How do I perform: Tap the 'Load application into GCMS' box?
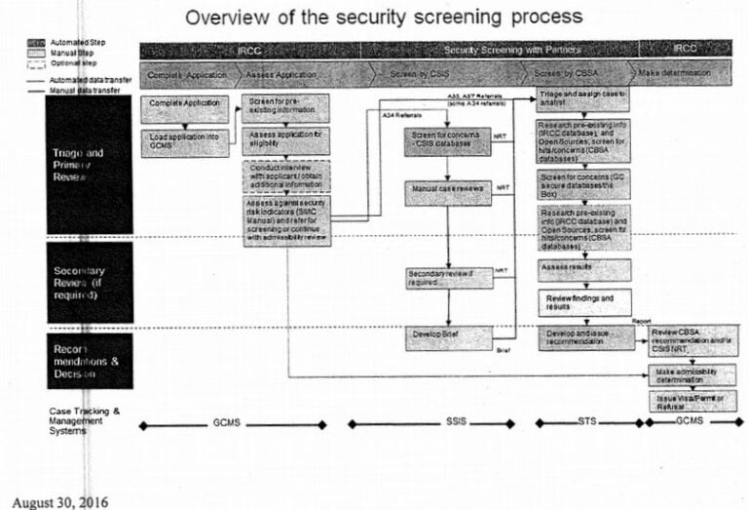pyautogui.click(x=185, y=142)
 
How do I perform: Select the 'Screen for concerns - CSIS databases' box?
pyautogui.click(x=447, y=139)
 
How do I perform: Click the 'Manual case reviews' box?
pyautogui.click(x=447, y=192)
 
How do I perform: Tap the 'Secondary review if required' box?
pyautogui.click(x=447, y=278)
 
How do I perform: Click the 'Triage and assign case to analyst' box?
pyautogui.click(x=582, y=99)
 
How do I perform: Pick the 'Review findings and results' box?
pyautogui.click(x=582, y=301)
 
